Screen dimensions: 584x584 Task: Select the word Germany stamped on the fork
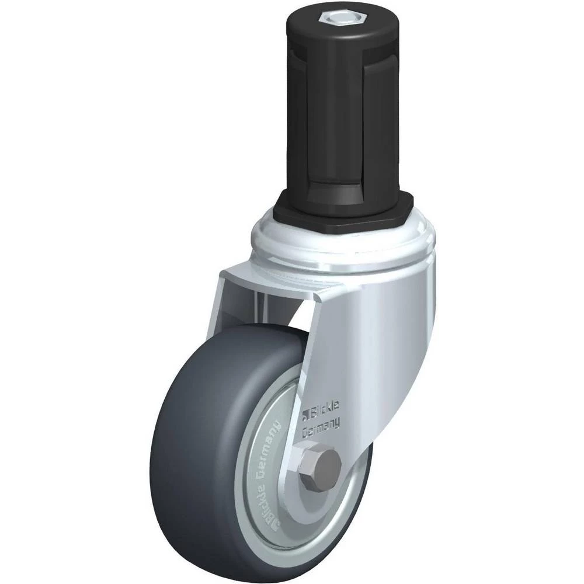321,426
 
